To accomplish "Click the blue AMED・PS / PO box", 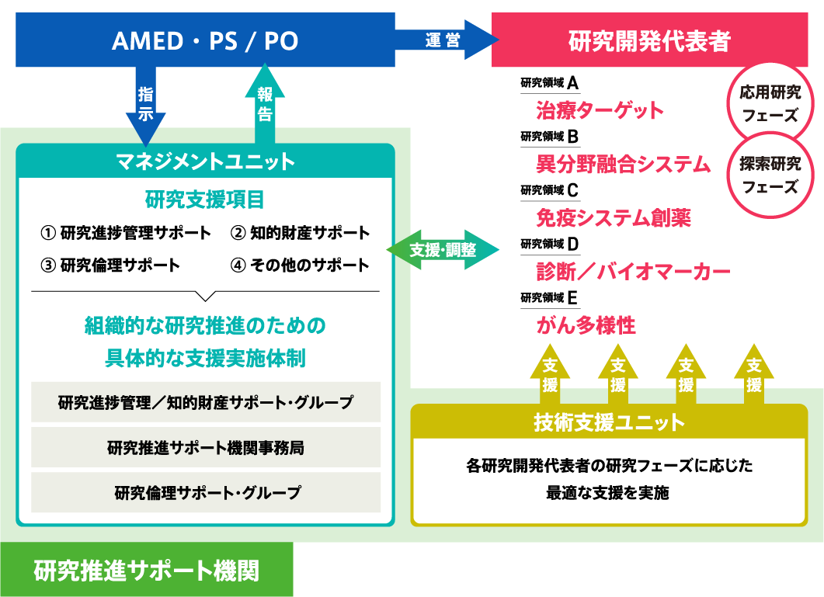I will [205, 40].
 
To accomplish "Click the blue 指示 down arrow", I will [146, 106].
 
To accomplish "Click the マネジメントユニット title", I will [205, 161].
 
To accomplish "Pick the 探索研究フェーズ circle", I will [770, 175].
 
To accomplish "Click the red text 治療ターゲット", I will [600, 110].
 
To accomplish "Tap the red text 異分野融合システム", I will [623, 164].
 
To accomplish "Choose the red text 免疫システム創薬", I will [613, 217].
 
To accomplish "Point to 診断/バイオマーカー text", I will [633, 271].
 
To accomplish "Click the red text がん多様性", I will [586, 325].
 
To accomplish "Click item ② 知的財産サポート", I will [300, 233].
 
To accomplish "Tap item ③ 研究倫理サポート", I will [110, 265].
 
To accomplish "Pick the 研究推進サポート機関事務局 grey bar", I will [206, 447].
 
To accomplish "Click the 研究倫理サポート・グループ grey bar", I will [206, 492].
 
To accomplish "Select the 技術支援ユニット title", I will [609, 422].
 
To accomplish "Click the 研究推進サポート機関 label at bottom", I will [147, 571].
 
